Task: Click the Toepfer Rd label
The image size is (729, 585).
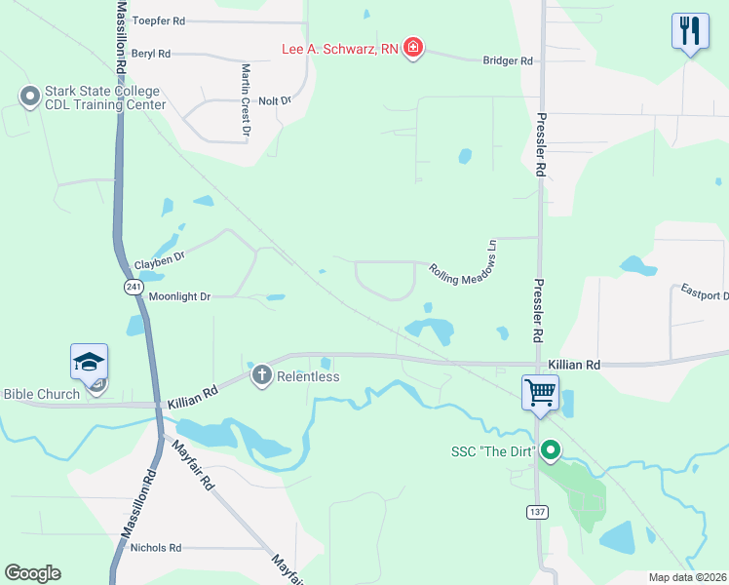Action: coord(158,20)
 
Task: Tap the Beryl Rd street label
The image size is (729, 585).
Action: coord(150,55)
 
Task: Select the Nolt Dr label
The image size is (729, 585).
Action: coord(275,100)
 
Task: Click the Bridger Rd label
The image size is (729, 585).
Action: coord(508,60)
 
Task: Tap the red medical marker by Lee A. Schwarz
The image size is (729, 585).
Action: coord(413,48)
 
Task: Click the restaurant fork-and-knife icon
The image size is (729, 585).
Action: coord(689,31)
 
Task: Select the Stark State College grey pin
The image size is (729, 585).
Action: coord(29,97)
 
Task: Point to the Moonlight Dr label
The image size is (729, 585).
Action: coord(178,295)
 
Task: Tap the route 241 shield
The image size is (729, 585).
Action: coord(134,287)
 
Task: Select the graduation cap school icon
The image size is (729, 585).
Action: coord(89,362)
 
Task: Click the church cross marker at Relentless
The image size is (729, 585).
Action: coord(261,375)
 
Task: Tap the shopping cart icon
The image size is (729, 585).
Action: coord(539,393)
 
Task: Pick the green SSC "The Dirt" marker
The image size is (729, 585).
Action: coord(550,450)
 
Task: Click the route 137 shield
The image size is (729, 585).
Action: coord(536,511)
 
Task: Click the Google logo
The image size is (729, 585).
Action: coord(32,573)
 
